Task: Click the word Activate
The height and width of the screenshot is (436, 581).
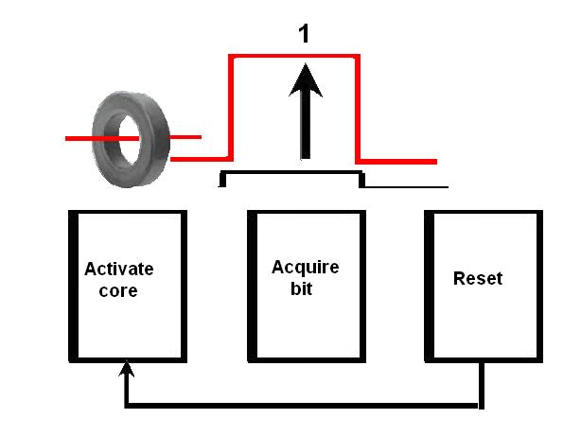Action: tap(118, 269)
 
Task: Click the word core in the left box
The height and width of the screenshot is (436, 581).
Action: tap(118, 290)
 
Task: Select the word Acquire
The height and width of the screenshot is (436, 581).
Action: tap(305, 267)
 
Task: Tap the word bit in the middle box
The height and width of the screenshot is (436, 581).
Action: tap(301, 288)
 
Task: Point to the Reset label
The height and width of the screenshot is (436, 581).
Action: tap(478, 278)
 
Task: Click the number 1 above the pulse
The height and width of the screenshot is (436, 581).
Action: tap(304, 33)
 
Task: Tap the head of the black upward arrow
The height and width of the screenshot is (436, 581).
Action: tap(305, 80)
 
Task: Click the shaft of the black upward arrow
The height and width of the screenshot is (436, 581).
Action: tap(305, 128)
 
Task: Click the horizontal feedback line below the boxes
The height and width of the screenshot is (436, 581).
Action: tap(303, 407)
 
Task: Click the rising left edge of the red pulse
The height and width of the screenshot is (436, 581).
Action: tap(231, 109)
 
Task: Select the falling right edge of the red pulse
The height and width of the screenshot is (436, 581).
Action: tap(358, 109)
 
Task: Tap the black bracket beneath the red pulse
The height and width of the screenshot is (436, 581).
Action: tap(291, 173)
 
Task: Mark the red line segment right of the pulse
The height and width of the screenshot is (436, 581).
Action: tap(397, 162)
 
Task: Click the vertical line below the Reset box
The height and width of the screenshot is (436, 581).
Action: tap(482, 383)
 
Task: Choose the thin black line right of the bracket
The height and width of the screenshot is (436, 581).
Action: tap(407, 186)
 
